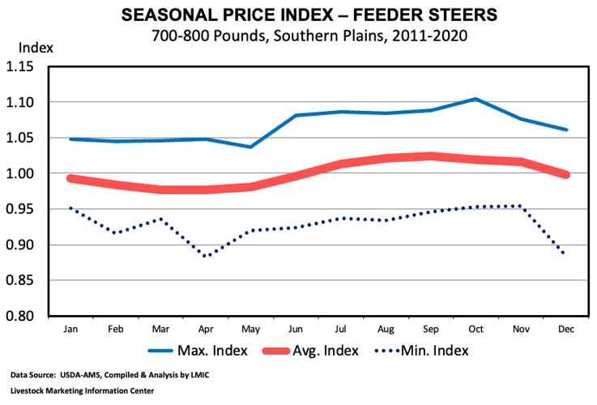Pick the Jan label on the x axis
point(70,330)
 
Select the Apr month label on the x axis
point(206,330)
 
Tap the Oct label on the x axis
point(475,330)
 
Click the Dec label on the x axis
point(565,330)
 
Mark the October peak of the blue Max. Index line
point(475,99)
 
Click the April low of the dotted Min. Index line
point(206,256)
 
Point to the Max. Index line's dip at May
point(250,147)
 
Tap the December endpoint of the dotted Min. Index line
point(565,254)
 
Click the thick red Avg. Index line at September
point(430,156)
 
